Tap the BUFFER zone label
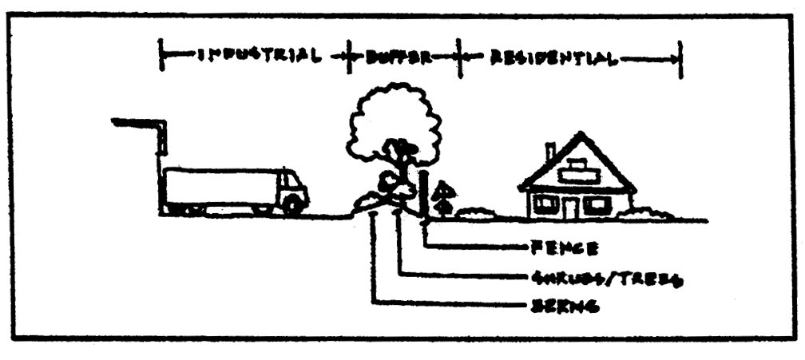399,58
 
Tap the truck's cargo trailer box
219,187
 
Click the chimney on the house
549,152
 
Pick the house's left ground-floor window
545,204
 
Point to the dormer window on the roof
581,170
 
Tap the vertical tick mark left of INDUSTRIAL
162,58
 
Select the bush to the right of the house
650,213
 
